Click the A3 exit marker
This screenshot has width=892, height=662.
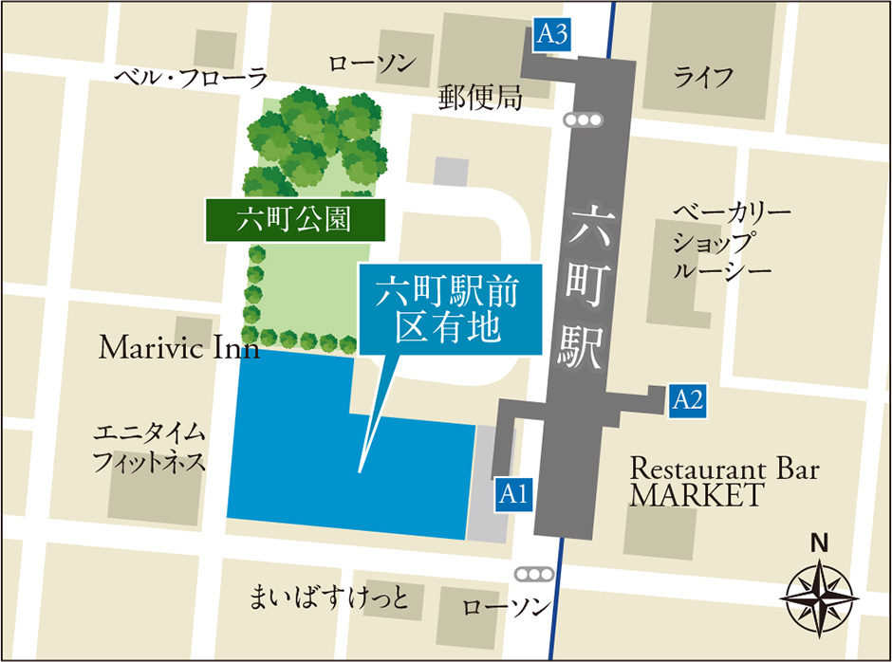(x=552, y=35)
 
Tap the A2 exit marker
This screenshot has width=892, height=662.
(x=686, y=399)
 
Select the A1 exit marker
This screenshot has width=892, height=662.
(x=512, y=493)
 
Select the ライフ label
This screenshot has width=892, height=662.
(x=703, y=77)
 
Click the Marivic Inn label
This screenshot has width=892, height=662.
(x=179, y=348)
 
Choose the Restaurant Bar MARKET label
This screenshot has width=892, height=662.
(x=724, y=481)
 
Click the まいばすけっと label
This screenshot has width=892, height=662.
(x=328, y=599)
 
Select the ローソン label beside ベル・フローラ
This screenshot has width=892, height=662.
(x=372, y=64)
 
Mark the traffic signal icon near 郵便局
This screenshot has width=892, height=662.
(x=582, y=120)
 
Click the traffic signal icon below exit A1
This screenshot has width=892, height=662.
(x=532, y=575)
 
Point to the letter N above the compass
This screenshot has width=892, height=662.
(x=818, y=543)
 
